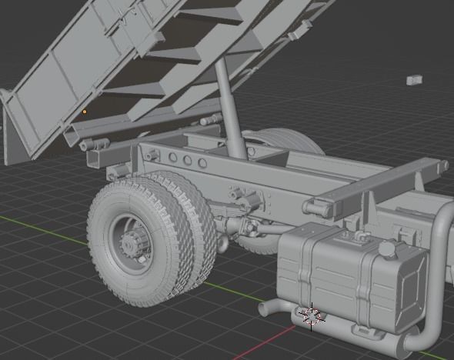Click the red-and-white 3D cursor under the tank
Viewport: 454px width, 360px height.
[312, 315]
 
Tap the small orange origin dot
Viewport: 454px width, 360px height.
[85, 112]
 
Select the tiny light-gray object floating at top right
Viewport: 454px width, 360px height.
[413, 79]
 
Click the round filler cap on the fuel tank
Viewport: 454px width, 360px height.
[386, 250]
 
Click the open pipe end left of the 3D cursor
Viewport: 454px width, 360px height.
[264, 308]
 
